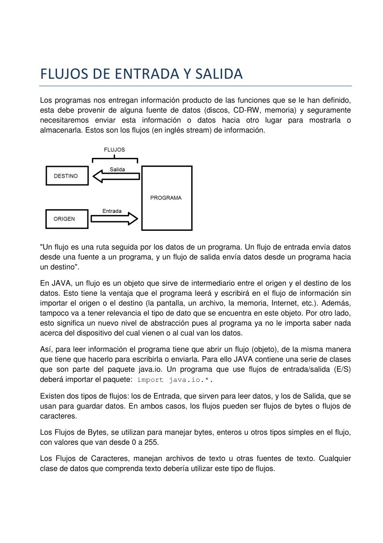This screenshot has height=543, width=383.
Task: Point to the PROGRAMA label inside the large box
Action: click(x=166, y=198)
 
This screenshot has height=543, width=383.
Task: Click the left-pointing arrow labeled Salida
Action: click(x=116, y=177)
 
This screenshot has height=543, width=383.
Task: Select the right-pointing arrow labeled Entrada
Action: click(x=114, y=219)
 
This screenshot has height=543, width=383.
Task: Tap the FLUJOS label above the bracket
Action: click(x=114, y=150)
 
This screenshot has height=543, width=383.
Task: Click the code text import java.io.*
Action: click(x=175, y=380)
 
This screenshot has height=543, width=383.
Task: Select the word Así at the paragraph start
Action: click(x=46, y=349)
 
